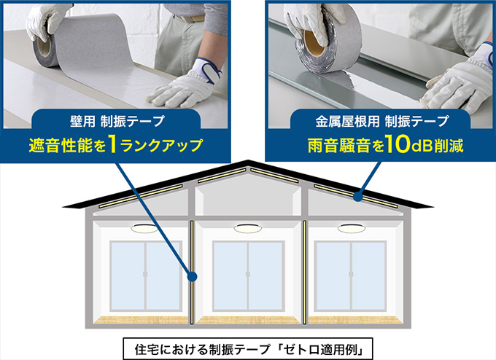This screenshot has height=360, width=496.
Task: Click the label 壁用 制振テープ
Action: (117, 121)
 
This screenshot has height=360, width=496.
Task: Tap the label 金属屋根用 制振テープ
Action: (381, 121)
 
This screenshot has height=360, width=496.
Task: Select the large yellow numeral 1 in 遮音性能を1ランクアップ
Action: (112, 144)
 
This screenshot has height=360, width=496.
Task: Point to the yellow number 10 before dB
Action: (398, 144)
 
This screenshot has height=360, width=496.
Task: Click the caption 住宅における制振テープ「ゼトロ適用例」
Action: (248, 349)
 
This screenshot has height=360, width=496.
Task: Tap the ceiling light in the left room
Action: (144, 228)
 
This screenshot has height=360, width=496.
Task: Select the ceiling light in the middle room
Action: (248, 228)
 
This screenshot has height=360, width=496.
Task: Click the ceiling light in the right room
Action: (352, 228)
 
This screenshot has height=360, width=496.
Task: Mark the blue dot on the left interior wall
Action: (192, 277)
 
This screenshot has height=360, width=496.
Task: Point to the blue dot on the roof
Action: (357, 197)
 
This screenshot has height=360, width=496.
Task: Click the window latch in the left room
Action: (145, 274)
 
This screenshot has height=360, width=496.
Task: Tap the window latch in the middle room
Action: (248, 274)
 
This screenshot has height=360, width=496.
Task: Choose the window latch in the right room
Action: (351, 274)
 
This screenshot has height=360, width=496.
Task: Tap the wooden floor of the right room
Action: (355, 320)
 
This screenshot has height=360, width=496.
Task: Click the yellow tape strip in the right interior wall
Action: (305, 273)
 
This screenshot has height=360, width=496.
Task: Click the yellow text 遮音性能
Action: (62, 145)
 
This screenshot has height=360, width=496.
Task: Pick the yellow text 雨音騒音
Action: (339, 146)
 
